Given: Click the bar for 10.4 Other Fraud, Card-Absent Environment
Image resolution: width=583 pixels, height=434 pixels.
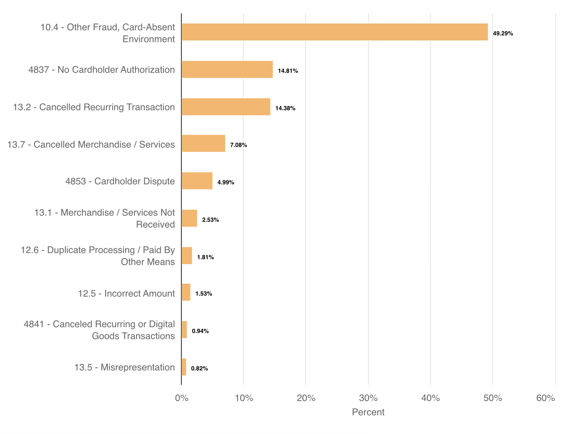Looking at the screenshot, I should (335, 32).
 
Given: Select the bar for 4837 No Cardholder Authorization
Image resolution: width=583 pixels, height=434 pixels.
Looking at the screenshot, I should (227, 69).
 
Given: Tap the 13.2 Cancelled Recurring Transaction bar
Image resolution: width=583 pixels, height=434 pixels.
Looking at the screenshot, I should (226, 107).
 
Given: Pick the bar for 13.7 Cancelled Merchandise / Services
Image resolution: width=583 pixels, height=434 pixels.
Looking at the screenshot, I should (203, 144).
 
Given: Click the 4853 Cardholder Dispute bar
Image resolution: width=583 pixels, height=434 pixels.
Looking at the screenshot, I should (197, 181).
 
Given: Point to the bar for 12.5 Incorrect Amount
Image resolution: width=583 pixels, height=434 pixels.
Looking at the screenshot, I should (186, 292).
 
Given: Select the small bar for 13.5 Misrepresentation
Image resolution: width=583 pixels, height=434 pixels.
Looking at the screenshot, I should (184, 367).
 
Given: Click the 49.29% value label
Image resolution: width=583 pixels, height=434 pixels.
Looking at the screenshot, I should (503, 34).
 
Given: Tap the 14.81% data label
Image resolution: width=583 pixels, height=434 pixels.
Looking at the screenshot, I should (288, 71).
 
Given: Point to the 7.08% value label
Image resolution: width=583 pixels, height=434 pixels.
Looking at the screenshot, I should (238, 145).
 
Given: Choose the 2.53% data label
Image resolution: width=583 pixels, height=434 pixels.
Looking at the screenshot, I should (211, 220).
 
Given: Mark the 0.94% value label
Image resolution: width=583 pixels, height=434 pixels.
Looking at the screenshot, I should (200, 331).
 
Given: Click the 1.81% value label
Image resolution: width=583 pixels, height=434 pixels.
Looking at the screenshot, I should (205, 257).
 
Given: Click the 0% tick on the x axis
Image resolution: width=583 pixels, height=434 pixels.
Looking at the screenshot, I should (182, 398).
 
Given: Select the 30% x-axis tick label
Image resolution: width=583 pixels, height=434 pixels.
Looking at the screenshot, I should (368, 398).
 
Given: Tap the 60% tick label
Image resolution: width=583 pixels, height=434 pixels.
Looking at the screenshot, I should (546, 398).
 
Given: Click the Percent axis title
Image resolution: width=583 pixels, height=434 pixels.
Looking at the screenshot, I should (368, 412).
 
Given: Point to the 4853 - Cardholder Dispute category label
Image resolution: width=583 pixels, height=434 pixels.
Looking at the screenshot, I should (120, 181).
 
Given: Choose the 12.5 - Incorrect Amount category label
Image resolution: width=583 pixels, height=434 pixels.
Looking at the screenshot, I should (127, 294).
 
